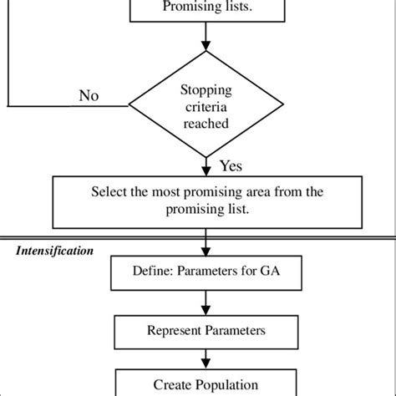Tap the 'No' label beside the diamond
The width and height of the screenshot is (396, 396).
coord(89,94)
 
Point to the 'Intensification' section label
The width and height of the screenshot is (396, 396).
coord(53,250)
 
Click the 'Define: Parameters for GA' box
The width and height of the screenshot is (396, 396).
coord(205,272)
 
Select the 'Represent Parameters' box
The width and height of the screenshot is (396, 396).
coord(205,330)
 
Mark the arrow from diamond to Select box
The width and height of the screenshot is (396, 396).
coord(205,165)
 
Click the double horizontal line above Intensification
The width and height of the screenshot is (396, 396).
coord(198,237)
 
